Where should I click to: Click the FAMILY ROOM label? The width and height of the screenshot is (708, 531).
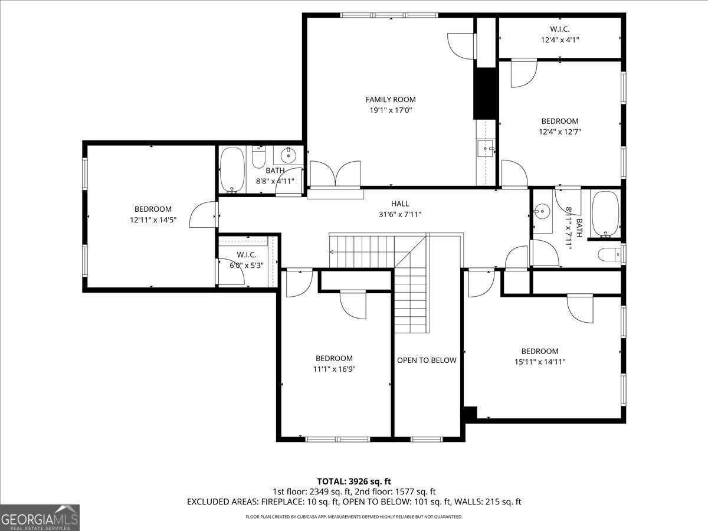390,100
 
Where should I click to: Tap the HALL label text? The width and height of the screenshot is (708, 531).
399,204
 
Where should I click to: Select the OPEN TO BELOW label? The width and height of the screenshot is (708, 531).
426,360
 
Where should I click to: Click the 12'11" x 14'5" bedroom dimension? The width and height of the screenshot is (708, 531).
153,219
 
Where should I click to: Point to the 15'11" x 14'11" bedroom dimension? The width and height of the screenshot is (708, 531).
539,362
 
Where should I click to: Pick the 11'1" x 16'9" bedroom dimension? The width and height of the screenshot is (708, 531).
334,369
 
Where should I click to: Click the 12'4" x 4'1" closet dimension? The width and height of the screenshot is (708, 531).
560,40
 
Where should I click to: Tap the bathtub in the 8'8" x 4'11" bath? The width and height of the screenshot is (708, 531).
232,169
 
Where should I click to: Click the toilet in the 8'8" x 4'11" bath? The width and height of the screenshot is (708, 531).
259,158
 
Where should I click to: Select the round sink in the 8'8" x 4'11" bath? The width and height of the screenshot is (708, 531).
289,156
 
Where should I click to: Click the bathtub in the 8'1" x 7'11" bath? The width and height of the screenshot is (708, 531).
604,214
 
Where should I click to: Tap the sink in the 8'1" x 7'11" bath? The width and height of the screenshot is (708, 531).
542,211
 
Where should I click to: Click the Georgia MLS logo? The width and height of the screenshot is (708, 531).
40,517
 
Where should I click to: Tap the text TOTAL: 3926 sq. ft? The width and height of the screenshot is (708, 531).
354,481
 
